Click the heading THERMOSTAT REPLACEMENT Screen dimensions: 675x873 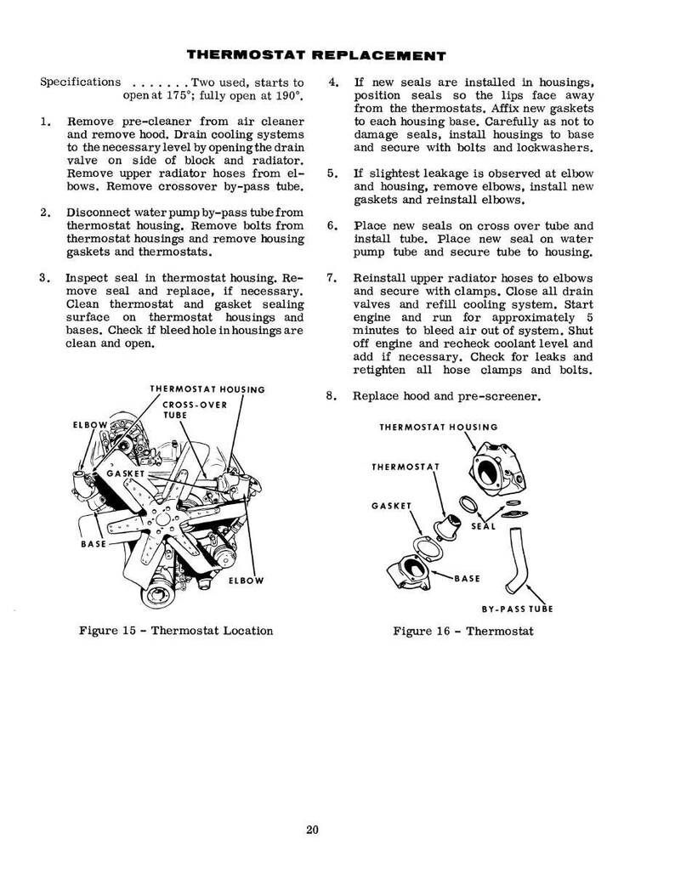(316, 55)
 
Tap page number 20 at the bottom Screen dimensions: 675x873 (313, 830)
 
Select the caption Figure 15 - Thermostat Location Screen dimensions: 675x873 (176, 631)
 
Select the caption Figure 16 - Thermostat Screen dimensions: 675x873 (463, 631)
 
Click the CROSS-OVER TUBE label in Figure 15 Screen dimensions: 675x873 (195, 410)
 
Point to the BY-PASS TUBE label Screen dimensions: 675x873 (518, 609)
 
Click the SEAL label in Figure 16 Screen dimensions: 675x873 (484, 526)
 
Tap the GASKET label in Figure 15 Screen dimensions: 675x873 (125, 473)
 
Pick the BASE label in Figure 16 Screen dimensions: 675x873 (468, 579)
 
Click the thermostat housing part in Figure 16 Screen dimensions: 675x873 (498, 469)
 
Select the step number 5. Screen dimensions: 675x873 (332, 173)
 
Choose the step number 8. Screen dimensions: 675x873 (331, 396)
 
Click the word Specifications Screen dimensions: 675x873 (80, 82)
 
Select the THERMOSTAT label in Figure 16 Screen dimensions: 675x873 (406, 467)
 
